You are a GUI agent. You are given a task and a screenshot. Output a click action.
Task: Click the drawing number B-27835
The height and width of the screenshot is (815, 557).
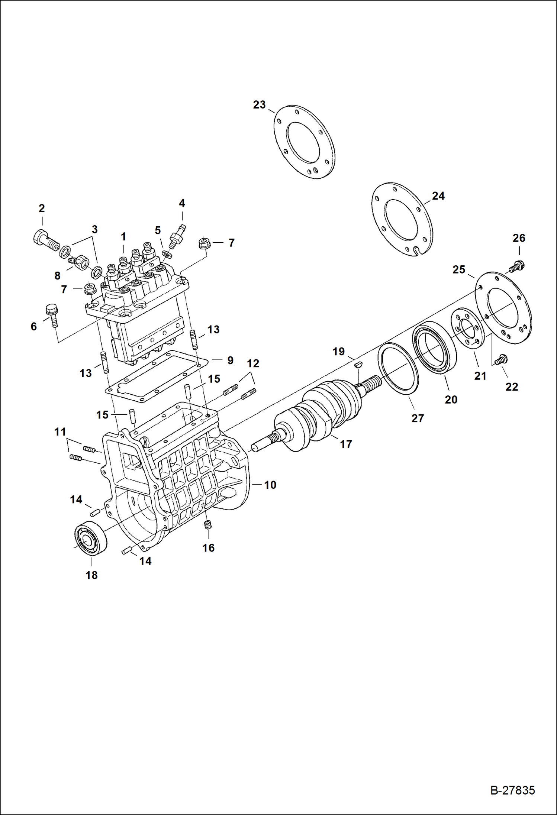click(x=512, y=790)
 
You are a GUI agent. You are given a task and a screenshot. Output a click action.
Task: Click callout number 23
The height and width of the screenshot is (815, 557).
click(x=259, y=105)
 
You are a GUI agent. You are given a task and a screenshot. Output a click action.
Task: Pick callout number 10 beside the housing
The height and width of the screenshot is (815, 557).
click(x=270, y=485)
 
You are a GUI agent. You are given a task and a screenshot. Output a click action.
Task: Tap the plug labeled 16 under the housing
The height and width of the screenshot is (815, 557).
click(x=208, y=525)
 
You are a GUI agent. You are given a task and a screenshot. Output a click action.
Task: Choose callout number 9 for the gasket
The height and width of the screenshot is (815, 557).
click(x=230, y=360)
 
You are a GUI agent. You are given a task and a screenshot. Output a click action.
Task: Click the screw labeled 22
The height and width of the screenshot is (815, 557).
click(x=500, y=359)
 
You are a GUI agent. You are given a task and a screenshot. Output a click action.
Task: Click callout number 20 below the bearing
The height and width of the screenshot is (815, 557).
click(x=451, y=400)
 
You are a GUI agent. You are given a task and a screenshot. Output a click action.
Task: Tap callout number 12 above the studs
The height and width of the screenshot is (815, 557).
click(x=253, y=363)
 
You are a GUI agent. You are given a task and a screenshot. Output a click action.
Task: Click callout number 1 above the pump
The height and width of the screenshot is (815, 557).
click(x=123, y=237)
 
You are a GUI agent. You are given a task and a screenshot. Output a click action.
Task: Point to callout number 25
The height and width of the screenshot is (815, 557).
click(x=458, y=269)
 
